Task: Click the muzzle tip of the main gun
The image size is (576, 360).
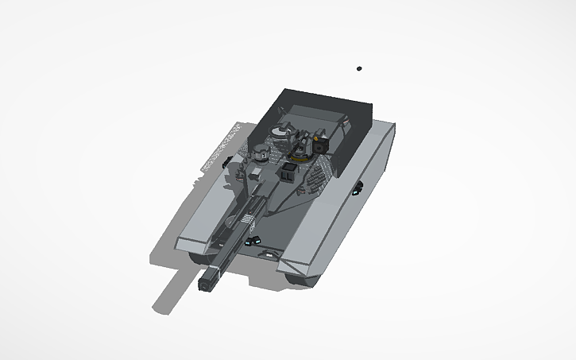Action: click(x=209, y=281)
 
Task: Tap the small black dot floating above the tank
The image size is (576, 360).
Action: click(x=359, y=69)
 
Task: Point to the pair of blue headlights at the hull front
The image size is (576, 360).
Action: click(x=253, y=241)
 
